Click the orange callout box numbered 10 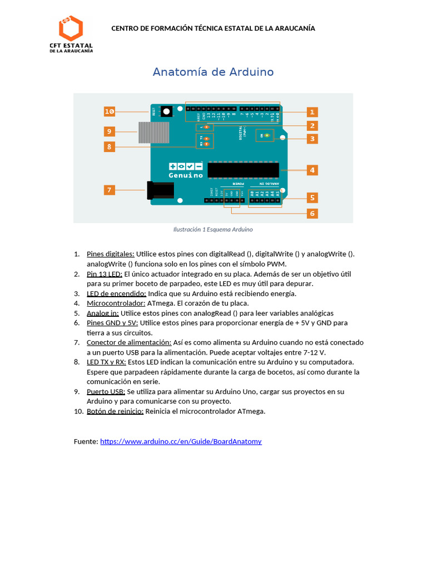coord(110,111)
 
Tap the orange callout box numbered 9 coord(110,131)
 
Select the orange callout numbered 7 coord(110,190)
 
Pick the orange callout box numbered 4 coord(312,170)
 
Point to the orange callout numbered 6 coord(312,213)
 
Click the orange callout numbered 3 coord(312,139)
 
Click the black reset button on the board coord(166,112)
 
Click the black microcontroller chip coord(243,170)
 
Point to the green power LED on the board coord(267,135)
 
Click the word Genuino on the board coord(186,175)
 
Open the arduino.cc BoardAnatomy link coord(181,441)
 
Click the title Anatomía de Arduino coord(213,72)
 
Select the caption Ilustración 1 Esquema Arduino coord(213,229)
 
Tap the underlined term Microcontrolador coord(116,303)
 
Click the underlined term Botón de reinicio coord(115,411)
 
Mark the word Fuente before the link coord(85,441)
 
